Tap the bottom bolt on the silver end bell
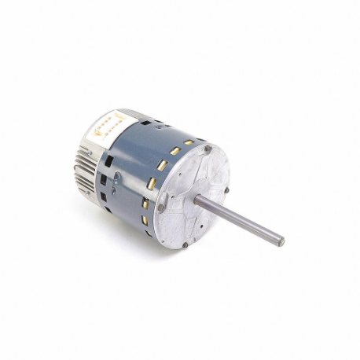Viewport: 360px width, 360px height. coord(184,245)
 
